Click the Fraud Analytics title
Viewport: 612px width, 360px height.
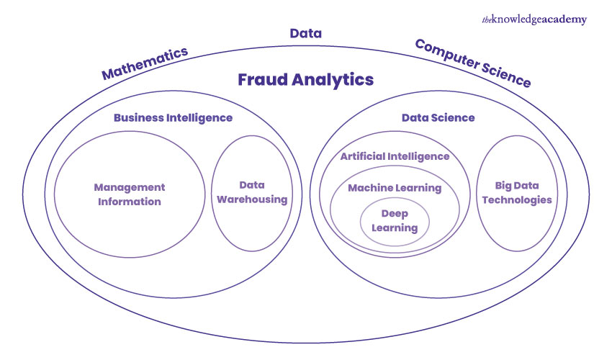[x=305, y=79]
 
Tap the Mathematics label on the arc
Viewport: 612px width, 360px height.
[x=145, y=63]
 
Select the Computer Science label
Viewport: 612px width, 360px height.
[x=473, y=63]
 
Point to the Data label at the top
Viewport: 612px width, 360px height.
[x=305, y=33]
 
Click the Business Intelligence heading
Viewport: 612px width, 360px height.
[x=173, y=117]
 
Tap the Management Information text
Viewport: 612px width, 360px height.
[x=130, y=194]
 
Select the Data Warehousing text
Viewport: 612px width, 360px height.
[x=252, y=192]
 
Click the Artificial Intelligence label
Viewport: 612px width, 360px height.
[x=395, y=156]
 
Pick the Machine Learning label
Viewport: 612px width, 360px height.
[x=395, y=188]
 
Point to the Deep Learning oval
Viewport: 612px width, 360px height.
[x=395, y=220]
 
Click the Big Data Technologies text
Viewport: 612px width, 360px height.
[x=514, y=192]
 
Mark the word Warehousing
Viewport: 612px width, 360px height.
[x=252, y=199]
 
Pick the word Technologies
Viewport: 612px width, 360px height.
[x=514, y=199]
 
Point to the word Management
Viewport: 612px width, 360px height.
[x=130, y=187]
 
